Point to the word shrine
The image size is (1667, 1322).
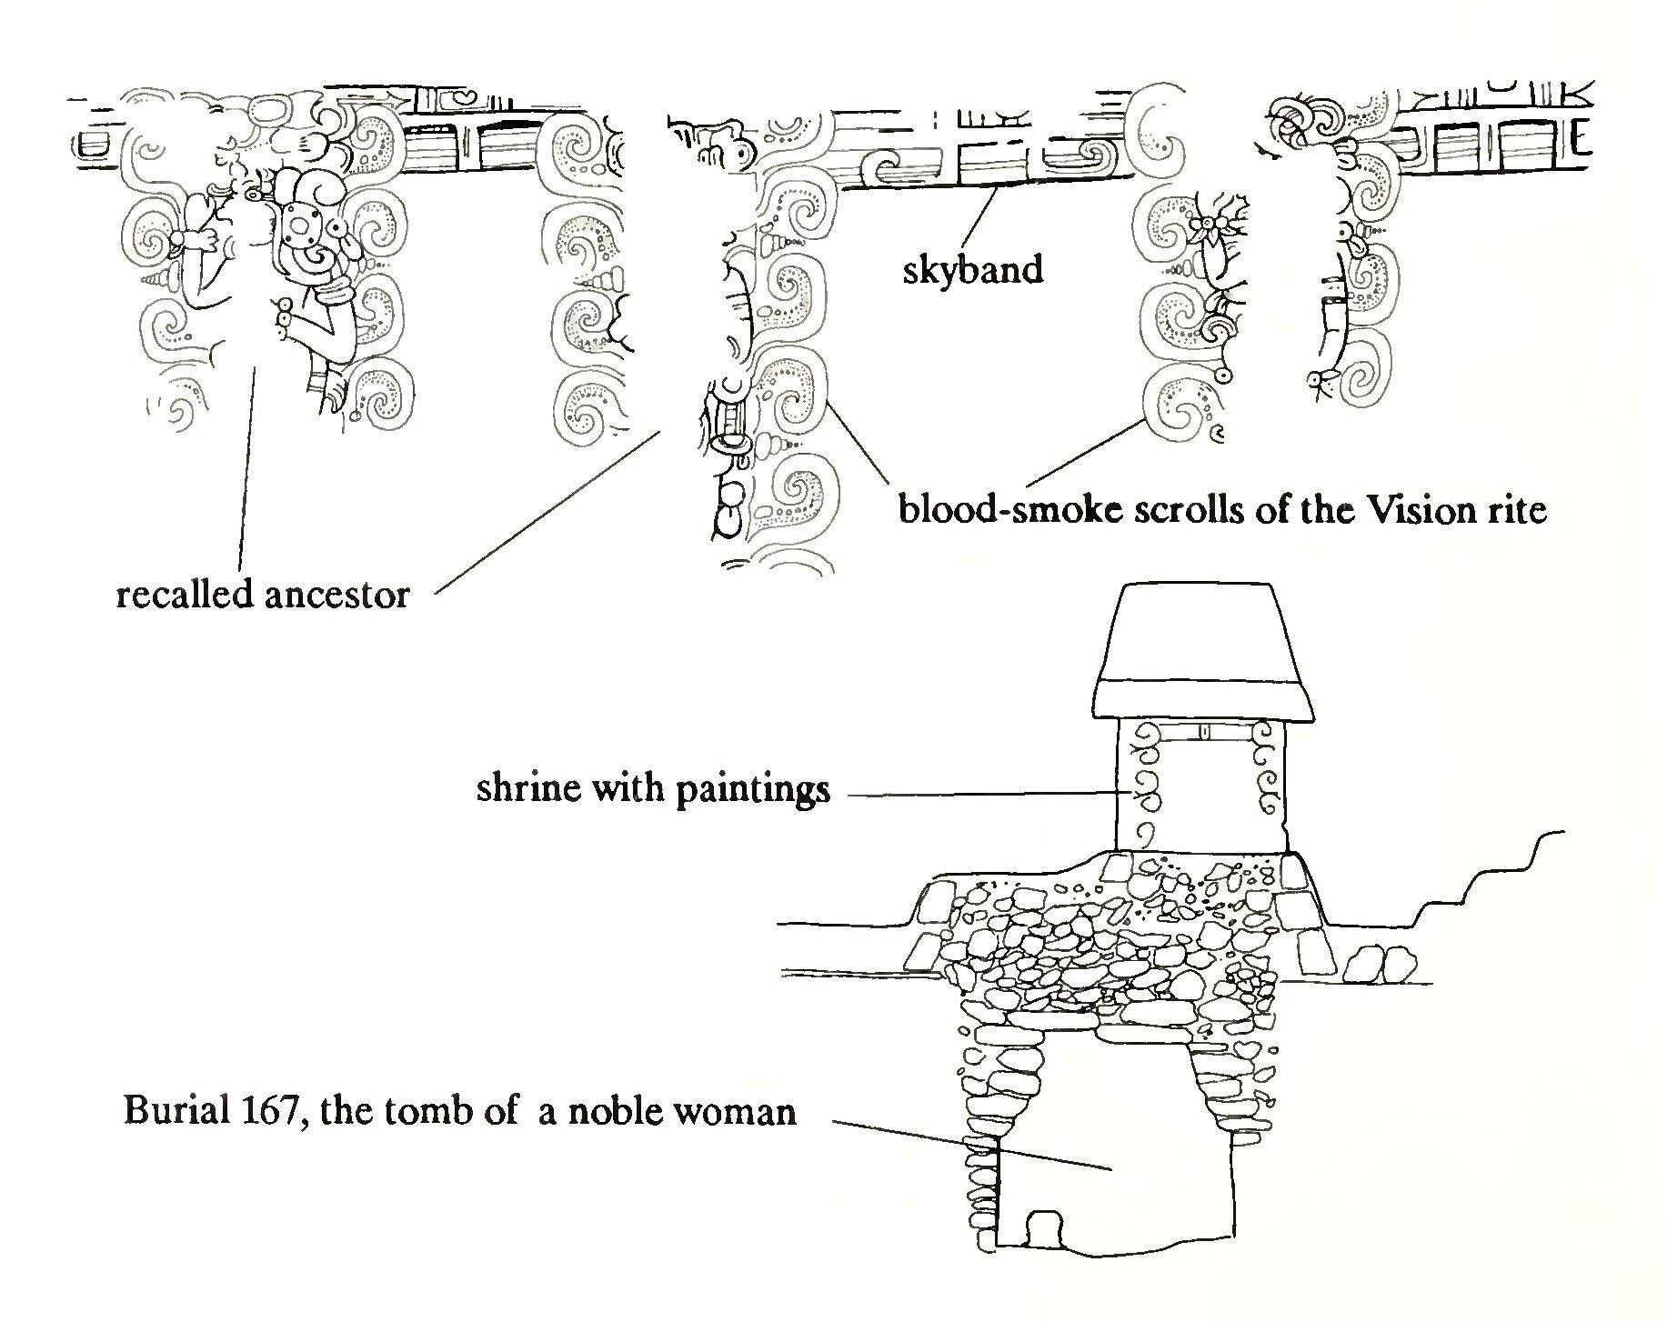[x=527, y=787]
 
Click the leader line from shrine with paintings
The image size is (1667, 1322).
[x=982, y=796]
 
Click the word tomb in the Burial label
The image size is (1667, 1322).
[x=436, y=1111]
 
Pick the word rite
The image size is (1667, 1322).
[x=1517, y=510]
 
